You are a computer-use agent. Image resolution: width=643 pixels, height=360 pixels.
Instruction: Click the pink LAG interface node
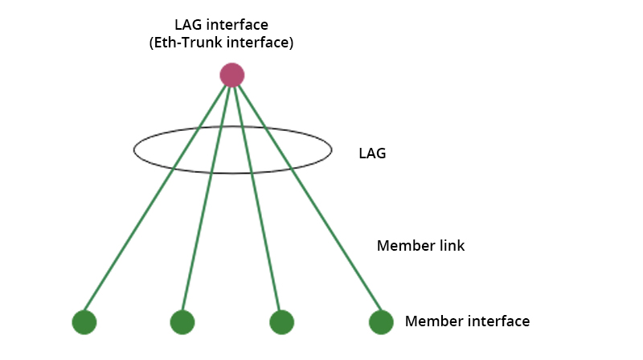tap(232, 75)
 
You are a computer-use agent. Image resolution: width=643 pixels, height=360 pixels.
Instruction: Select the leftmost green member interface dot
tap(84, 322)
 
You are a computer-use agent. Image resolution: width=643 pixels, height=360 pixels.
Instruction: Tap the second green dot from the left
tap(182, 322)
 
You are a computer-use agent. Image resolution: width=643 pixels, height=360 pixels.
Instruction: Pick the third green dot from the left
tap(281, 322)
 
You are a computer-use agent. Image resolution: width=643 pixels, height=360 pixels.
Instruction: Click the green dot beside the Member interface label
tap(381, 322)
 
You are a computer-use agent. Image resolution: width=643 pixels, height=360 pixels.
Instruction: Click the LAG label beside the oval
tap(372, 153)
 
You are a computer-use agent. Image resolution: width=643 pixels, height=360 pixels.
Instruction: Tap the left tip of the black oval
tap(134, 149)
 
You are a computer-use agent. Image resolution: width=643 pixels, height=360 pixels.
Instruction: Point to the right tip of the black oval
tap(331, 149)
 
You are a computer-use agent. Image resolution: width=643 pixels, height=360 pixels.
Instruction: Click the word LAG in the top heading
tap(188, 25)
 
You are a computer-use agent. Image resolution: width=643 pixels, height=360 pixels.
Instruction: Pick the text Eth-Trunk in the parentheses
tap(182, 43)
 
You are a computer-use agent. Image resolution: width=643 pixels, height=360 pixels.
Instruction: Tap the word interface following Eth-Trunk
tap(256, 43)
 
